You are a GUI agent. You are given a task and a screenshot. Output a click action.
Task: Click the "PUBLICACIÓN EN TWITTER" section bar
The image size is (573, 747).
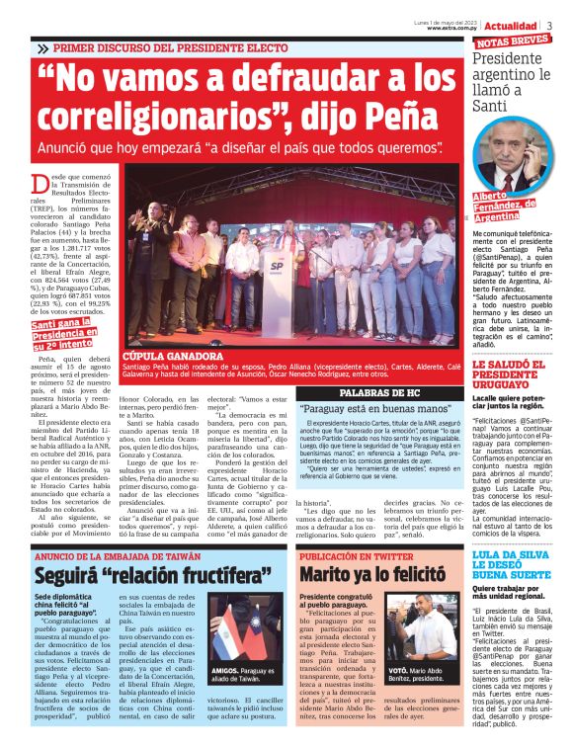[x=355, y=556]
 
